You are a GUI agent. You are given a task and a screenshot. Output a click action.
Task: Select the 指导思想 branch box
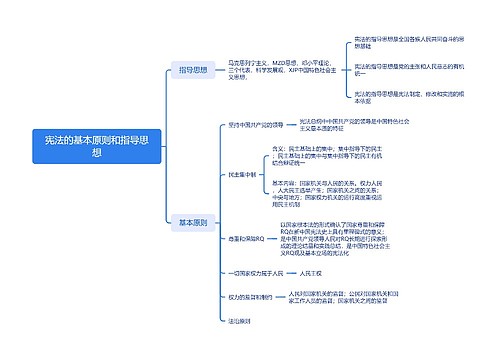[194, 71]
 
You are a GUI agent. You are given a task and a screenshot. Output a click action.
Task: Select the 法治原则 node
[240, 320]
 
